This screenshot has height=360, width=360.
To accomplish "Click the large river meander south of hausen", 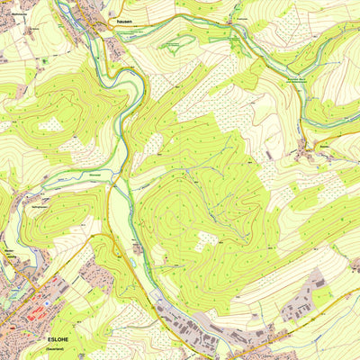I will [112, 81].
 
